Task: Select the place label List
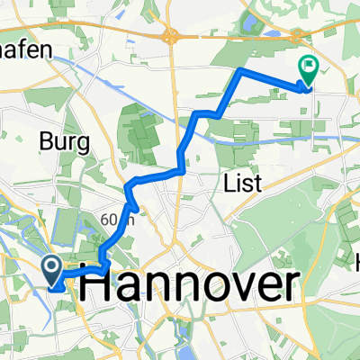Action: click(x=241, y=184)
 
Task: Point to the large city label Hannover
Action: click(x=190, y=286)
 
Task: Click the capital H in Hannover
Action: click(x=97, y=286)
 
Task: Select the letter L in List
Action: click(x=227, y=184)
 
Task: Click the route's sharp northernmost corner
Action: click(x=239, y=69)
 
